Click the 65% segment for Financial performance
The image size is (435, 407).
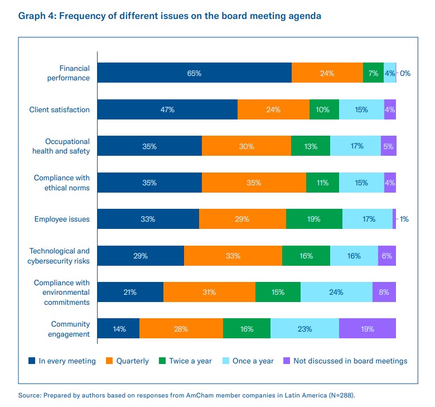[x=194, y=73]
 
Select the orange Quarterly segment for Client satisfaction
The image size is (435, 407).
[x=273, y=110]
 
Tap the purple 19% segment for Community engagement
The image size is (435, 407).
[x=367, y=329]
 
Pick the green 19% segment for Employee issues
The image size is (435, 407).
[x=314, y=219]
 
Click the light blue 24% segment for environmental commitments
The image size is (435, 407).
[x=336, y=292]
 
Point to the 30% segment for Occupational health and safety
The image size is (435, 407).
[x=246, y=146]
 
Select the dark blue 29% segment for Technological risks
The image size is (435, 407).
[x=141, y=256]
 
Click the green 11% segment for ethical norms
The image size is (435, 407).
[x=322, y=183]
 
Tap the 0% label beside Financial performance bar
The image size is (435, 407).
[x=405, y=73]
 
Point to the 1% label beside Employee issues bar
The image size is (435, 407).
[x=404, y=219]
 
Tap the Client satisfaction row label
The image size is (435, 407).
[x=59, y=110]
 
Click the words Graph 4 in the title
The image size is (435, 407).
[x=36, y=16]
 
